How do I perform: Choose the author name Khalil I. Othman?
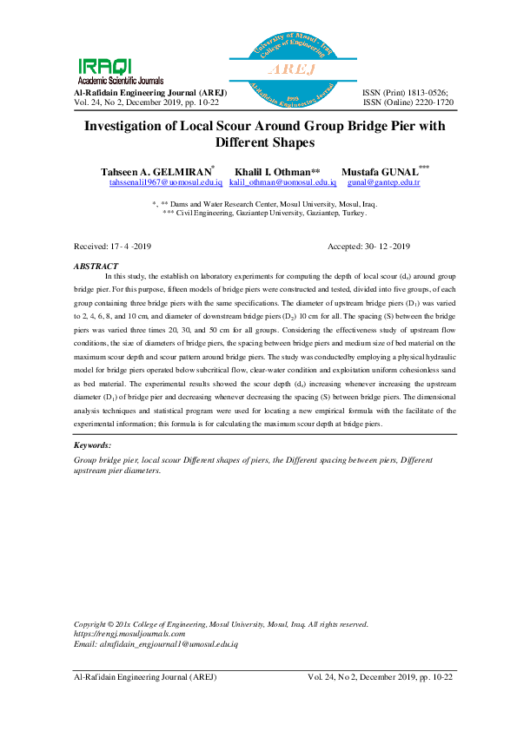click(x=273, y=172)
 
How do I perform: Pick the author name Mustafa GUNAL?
click(x=380, y=172)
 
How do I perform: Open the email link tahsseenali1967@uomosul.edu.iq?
click(x=166, y=183)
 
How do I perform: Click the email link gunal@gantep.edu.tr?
click(x=383, y=183)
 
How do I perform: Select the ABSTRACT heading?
click(x=96, y=266)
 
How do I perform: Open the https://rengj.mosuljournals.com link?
click(x=129, y=634)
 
